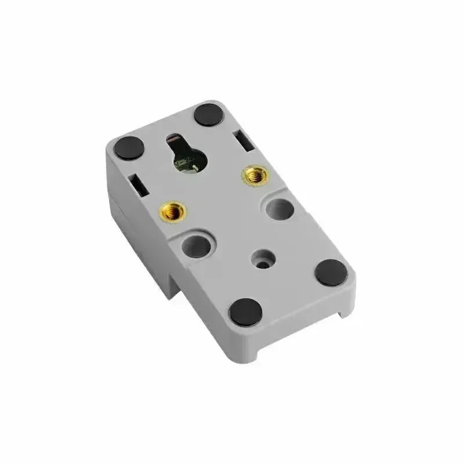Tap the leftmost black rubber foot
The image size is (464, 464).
[129, 147]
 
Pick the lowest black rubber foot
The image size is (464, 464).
[246, 311]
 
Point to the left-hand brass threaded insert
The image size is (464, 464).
[171, 212]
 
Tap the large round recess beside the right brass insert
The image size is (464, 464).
[280, 209]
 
